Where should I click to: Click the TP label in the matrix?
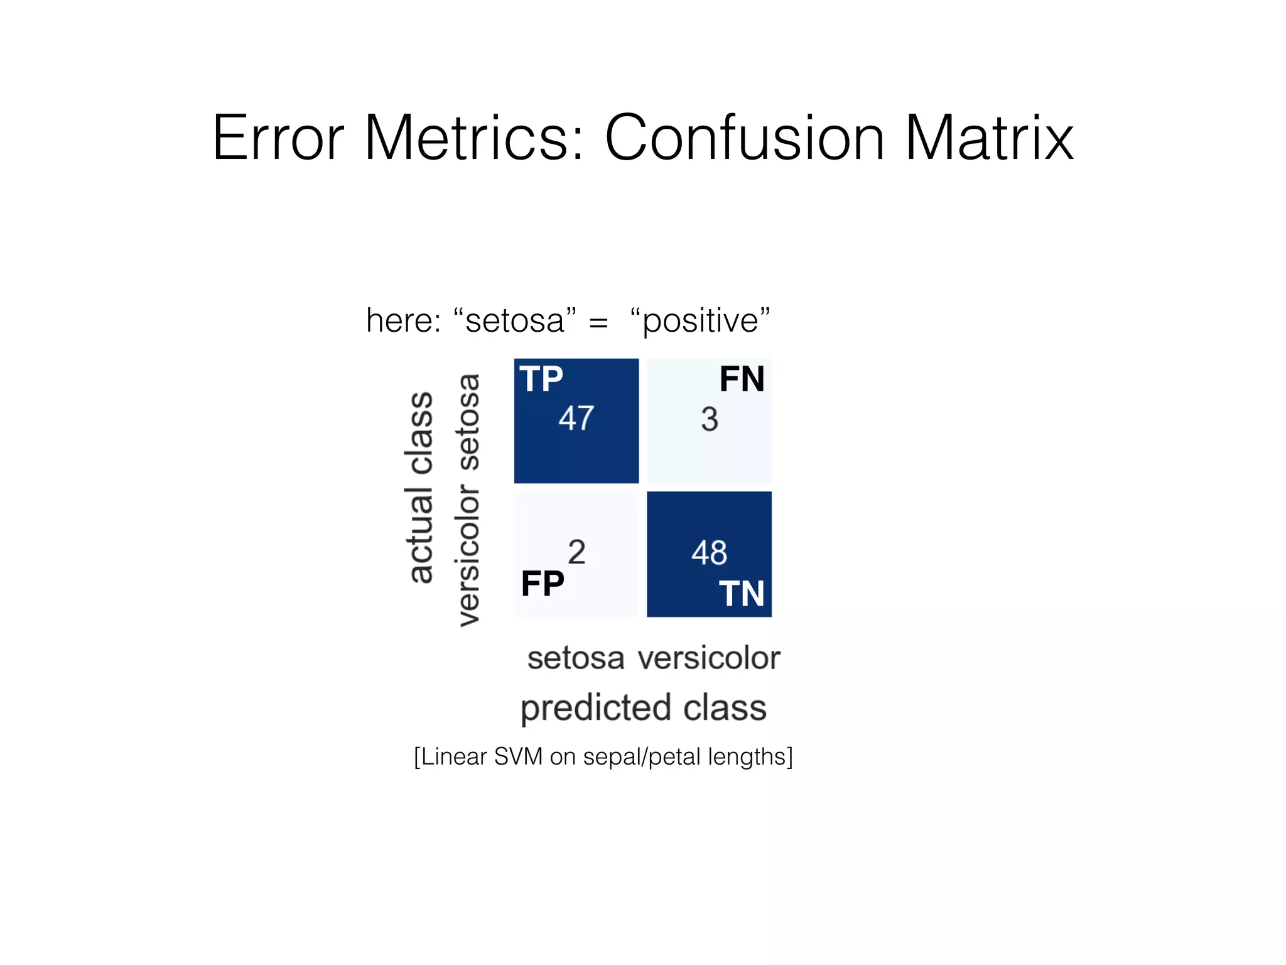541,379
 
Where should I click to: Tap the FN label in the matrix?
742,379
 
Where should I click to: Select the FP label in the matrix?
543,584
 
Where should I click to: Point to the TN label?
742,594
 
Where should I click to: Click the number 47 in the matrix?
576,418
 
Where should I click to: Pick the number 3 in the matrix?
710,419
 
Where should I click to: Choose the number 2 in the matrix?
576,552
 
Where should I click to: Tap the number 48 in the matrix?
710,553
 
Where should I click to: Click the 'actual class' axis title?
420,488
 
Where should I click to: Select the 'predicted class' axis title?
644,708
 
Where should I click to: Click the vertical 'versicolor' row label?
468,555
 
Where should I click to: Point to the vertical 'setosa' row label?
468,422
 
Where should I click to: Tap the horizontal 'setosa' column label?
576,658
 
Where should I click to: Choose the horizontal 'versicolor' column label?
709,658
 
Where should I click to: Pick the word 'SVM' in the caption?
518,756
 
